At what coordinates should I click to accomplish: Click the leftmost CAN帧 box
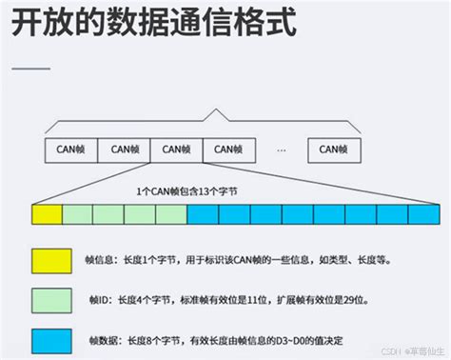coord(70,149)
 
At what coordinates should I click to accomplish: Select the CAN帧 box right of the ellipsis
coord(333,149)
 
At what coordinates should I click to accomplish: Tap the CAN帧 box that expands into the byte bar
coord(177,149)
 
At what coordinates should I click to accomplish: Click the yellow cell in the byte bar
coord(47,214)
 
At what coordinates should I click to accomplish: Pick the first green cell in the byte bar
coord(79,214)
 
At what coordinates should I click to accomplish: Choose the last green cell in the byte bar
coord(171,214)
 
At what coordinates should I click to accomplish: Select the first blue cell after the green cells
coord(203,214)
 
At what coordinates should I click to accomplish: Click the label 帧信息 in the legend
coord(100,259)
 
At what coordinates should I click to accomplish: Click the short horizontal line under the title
coord(30,69)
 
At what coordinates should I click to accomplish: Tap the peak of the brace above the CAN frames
coord(221,113)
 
